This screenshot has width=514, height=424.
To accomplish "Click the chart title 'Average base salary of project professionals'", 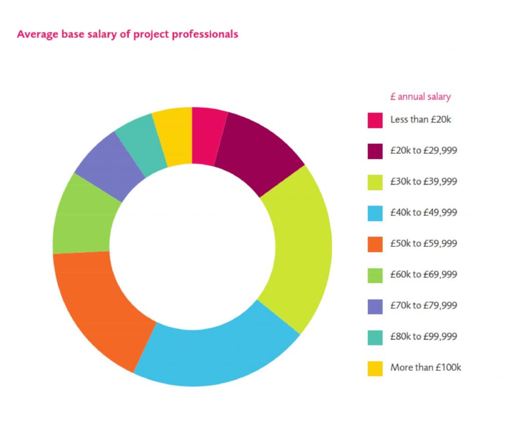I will pos(127,35).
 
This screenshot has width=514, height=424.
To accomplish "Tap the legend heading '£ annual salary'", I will pos(420,97).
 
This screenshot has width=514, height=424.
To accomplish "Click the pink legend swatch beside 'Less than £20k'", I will pos(375,121).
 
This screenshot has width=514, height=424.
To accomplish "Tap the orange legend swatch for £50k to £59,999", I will pos(375,244).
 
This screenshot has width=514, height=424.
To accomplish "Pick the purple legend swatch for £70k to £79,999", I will pos(375,306).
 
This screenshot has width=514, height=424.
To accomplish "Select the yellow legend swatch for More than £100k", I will pos(375,368).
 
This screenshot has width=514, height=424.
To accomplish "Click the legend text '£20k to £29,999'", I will pos(424,151).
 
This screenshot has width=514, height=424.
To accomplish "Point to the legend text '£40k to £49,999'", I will pos(424,213).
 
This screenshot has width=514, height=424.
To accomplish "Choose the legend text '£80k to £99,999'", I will pos(424,336).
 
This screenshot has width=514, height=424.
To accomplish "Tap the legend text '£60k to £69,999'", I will pos(424,274).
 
